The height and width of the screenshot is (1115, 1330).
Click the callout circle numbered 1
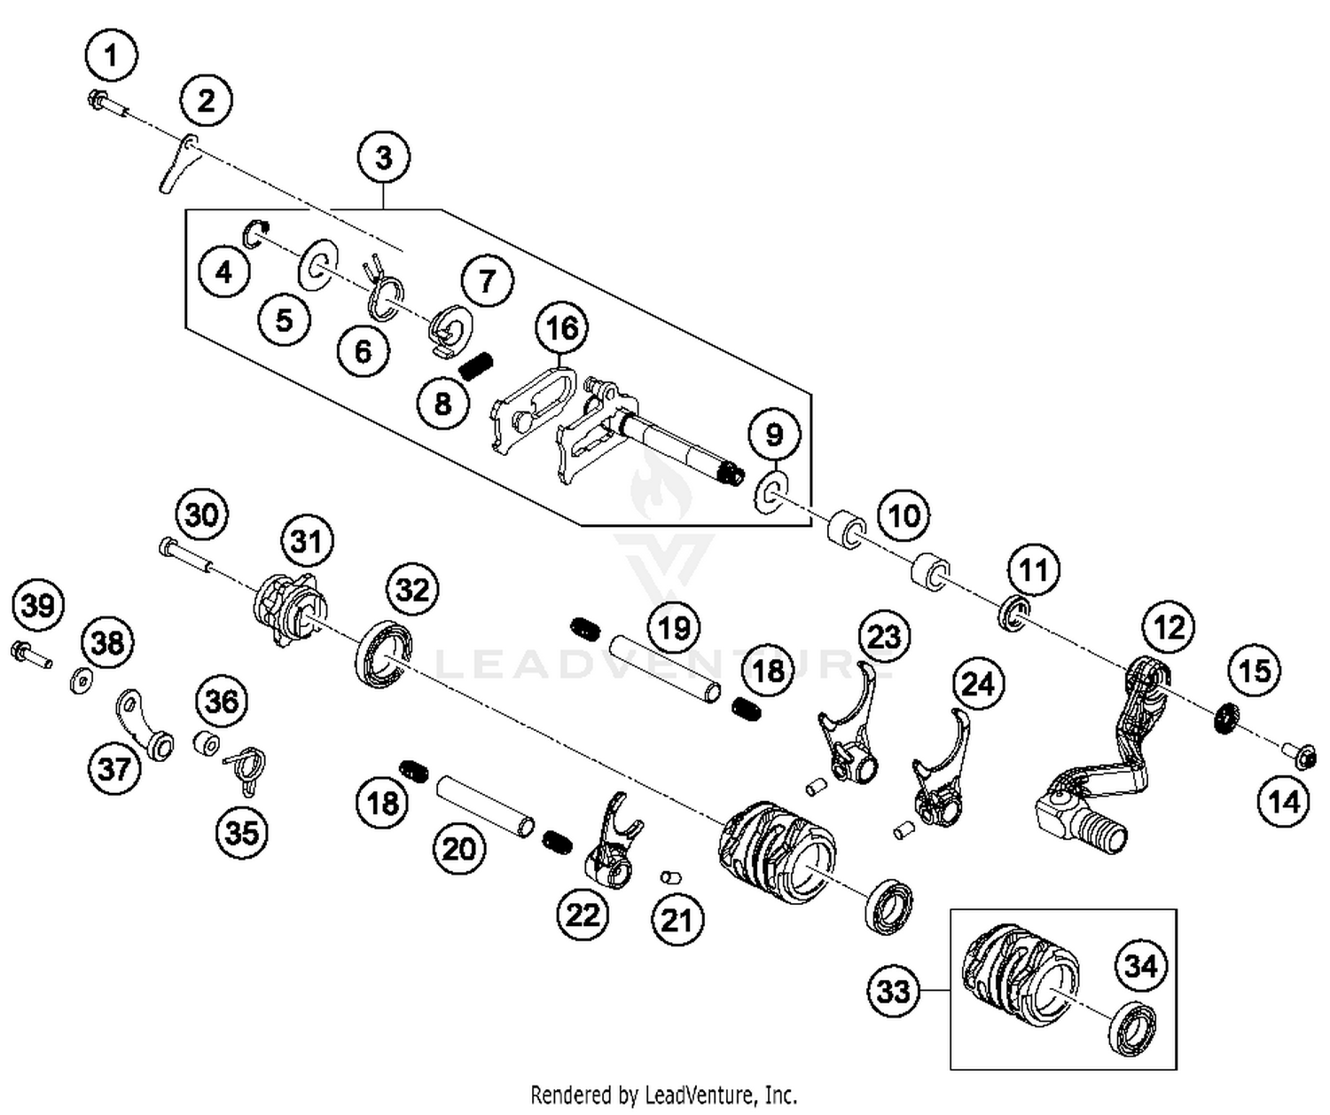(x=111, y=56)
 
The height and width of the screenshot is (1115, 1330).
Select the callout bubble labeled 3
(x=383, y=158)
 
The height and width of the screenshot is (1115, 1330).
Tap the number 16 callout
(x=562, y=328)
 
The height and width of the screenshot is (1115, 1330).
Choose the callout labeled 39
(x=38, y=606)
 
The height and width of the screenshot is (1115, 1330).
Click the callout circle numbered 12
(x=1169, y=628)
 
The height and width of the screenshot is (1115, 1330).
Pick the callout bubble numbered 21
(x=676, y=920)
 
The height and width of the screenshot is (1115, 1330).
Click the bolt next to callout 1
(x=106, y=105)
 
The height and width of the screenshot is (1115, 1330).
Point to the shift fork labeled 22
(x=614, y=844)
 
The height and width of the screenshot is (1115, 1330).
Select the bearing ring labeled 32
(x=385, y=655)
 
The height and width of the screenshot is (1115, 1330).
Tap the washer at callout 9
(x=771, y=492)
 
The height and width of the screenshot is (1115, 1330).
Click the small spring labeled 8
(x=477, y=364)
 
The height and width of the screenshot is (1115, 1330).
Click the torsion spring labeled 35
(x=245, y=765)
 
